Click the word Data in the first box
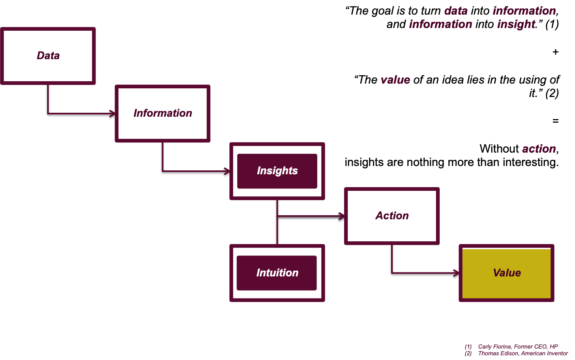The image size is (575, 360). pyautogui.click(x=48, y=56)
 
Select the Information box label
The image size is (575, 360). pyautogui.click(x=163, y=113)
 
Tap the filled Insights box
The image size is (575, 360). pyautogui.click(x=277, y=171)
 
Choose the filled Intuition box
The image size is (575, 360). pyautogui.click(x=277, y=273)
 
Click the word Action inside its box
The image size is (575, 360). pyautogui.click(x=392, y=216)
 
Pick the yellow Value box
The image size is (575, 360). pyautogui.click(x=507, y=273)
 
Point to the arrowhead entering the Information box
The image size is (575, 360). pyautogui.click(x=113, y=114)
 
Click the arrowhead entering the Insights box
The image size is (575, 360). pyautogui.click(x=227, y=171)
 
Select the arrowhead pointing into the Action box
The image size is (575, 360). pyautogui.click(x=342, y=216)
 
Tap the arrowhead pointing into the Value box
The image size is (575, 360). pyautogui.click(x=457, y=273)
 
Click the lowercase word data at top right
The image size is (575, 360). pyautogui.click(x=456, y=11)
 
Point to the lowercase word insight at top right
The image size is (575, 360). pyautogui.click(x=516, y=24)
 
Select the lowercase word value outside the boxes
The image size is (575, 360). pyautogui.click(x=395, y=80)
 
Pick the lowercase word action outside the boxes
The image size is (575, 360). pyautogui.click(x=539, y=149)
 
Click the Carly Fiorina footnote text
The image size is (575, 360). pyautogui.click(x=518, y=347)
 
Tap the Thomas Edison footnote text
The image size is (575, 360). pyautogui.click(x=523, y=353)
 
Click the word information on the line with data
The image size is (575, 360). pyautogui.click(x=524, y=11)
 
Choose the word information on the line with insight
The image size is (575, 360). pyautogui.click(x=440, y=24)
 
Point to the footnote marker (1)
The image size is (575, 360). pyautogui.click(x=468, y=347)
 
